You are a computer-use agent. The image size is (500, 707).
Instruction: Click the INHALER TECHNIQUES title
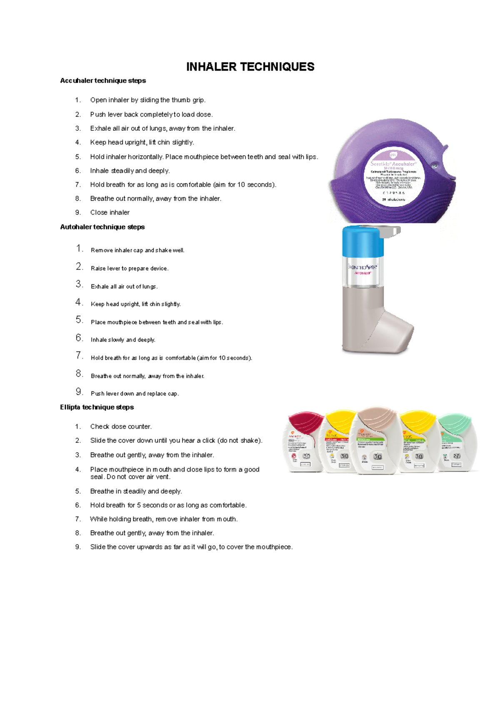tap(250, 67)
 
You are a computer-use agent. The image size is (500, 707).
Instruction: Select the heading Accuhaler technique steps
tap(103, 81)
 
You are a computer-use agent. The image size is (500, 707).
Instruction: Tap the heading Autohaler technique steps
tap(102, 227)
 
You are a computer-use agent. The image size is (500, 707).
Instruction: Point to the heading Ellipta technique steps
tap(97, 407)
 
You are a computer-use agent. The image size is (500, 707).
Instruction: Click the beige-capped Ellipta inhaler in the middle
tap(377, 441)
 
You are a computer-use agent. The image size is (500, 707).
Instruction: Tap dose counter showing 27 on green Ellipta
tap(457, 456)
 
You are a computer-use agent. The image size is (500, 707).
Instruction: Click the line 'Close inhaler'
tap(110, 212)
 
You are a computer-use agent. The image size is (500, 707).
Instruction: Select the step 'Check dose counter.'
tap(121, 427)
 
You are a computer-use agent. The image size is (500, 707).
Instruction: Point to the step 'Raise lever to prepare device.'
tap(130, 269)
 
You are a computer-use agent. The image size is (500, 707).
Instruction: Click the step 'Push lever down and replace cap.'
tap(135, 393)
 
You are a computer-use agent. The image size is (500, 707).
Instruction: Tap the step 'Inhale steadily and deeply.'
tap(130, 171)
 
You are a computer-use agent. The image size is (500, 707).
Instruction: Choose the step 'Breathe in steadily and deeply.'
tap(136, 491)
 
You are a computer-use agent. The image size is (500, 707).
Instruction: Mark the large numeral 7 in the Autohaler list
tap(79, 355)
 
